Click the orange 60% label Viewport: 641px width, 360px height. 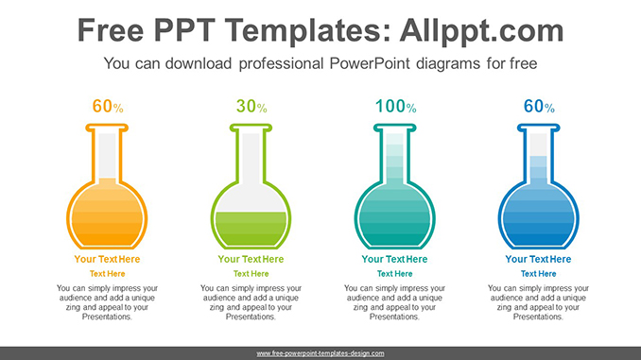click(107, 108)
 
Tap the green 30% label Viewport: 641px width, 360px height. click(251, 108)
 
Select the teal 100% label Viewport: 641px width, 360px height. click(394, 108)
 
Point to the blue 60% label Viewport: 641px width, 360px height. click(538, 108)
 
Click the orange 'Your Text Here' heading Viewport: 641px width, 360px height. click(107, 259)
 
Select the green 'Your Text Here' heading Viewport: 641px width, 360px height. click(251, 259)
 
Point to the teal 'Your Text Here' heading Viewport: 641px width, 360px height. click(394, 259)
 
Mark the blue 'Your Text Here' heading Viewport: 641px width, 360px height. click(538, 259)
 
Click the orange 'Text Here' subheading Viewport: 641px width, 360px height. click(107, 273)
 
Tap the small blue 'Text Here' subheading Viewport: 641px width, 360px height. click(538, 273)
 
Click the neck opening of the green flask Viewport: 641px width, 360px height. click(251, 129)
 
